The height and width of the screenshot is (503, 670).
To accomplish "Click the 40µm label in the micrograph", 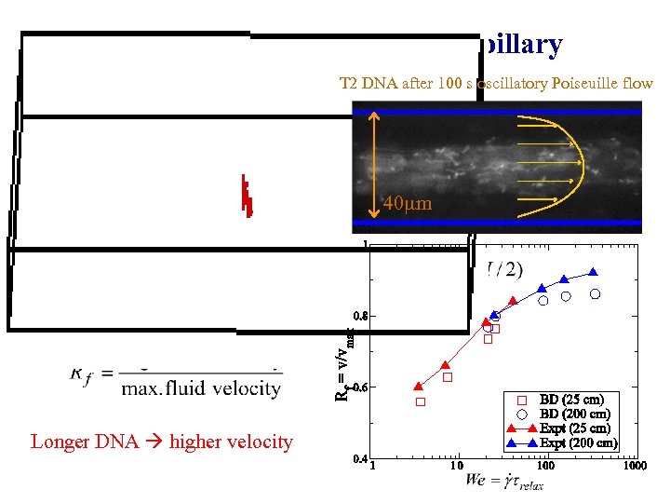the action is [408, 203].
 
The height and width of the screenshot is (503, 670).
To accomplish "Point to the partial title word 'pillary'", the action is [520, 45].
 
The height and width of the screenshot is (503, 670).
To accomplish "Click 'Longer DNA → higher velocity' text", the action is [162, 442].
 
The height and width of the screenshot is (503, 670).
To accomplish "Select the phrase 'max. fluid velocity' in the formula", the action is [200, 388].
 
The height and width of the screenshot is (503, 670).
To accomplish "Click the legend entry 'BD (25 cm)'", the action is [569, 400].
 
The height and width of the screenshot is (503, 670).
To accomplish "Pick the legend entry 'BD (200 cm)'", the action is [573, 414].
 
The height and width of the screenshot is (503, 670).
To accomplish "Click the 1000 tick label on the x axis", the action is [636, 466].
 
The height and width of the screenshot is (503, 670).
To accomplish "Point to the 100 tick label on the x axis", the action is [545, 466].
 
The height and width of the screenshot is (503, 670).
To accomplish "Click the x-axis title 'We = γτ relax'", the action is [505, 482].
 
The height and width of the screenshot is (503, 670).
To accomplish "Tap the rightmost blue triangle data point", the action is [593, 273].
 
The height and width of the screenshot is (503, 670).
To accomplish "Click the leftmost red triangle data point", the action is [418, 386].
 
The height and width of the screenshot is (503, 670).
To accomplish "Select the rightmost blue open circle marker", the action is [595, 293].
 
